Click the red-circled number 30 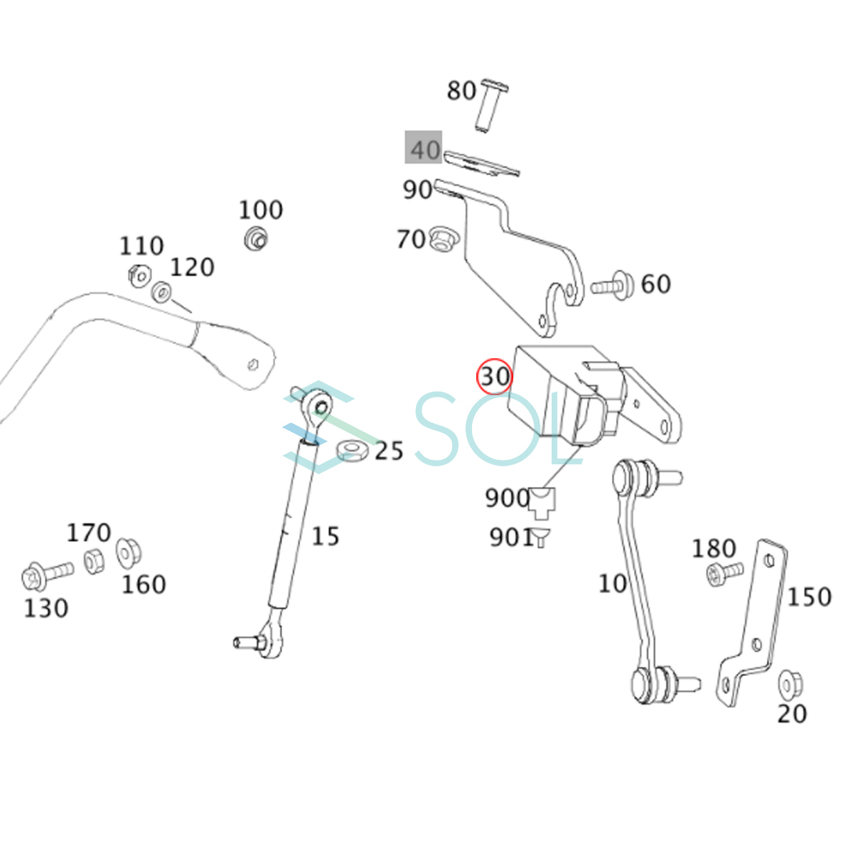(x=495, y=376)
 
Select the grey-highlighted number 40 (x=424, y=149)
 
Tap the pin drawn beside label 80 (x=490, y=106)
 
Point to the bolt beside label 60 (x=613, y=285)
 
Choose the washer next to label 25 (x=351, y=450)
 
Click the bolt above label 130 (x=47, y=574)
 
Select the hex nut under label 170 (x=94, y=561)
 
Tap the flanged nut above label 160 (x=129, y=553)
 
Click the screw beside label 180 (x=724, y=572)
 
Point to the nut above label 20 (x=788, y=683)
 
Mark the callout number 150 (x=809, y=596)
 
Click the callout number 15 (x=326, y=536)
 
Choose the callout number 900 (x=506, y=498)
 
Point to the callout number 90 (x=417, y=189)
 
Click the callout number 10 (x=612, y=583)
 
